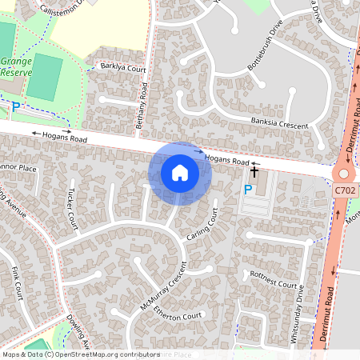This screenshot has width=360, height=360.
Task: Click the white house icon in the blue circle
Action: click(180, 173)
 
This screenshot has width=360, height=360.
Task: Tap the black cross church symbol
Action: click(255, 170)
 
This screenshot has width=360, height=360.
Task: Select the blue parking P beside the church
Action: click(248, 190)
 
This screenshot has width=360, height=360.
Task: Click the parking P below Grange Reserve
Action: click(15, 106)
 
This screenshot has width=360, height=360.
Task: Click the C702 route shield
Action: click(345, 190)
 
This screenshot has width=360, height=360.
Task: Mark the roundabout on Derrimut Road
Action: click(345, 174)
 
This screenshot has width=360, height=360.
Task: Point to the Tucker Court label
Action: click(71, 207)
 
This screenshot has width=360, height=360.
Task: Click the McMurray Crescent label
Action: click(162, 286)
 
